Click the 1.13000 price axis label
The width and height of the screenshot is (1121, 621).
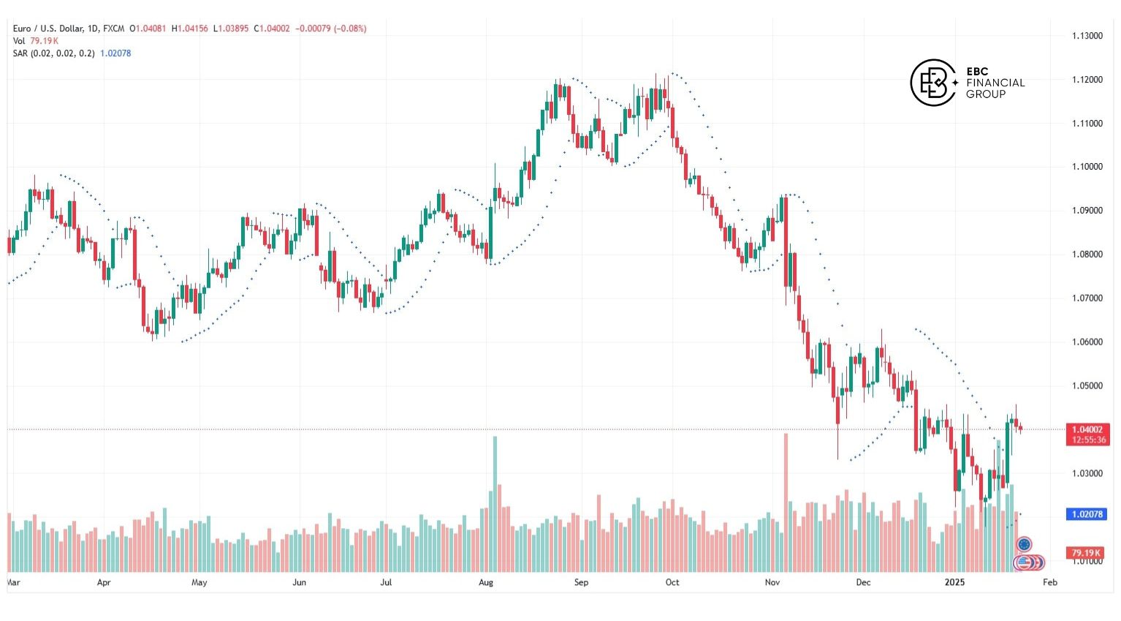coord(1087,36)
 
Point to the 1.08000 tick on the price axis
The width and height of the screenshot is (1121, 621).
coord(1087,255)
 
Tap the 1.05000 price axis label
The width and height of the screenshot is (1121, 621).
coord(1087,386)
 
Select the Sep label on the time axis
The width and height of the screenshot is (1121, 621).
coord(581,583)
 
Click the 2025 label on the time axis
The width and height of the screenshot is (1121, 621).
coord(954,583)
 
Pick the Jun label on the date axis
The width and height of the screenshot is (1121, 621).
coord(299,583)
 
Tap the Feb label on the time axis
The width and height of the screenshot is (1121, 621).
coord(1049,583)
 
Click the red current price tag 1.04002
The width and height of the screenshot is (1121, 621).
coord(1088,429)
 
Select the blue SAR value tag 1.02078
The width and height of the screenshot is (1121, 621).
coord(1087,514)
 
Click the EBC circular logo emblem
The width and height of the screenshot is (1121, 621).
coord(933,83)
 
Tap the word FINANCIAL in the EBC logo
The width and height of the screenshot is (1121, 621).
coord(995,83)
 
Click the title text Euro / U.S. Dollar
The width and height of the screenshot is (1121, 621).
coord(47,29)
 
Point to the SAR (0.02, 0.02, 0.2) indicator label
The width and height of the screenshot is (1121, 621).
coord(53,53)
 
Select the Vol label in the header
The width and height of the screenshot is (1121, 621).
coord(19,41)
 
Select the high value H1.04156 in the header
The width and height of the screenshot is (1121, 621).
coord(189,29)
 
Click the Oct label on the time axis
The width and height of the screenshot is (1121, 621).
coord(672,583)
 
